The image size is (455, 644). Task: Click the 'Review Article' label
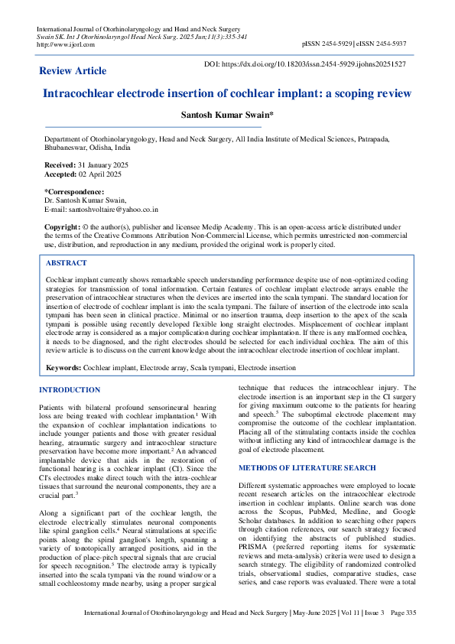click(x=73, y=70)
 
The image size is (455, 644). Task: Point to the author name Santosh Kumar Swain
click(x=226, y=115)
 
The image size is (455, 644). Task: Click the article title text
click(x=227, y=94)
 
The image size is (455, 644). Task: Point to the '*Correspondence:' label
click(x=74, y=191)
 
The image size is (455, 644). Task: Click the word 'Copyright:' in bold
click(x=62, y=227)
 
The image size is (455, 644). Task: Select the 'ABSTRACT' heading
click(x=68, y=262)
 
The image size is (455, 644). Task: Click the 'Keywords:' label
click(x=63, y=368)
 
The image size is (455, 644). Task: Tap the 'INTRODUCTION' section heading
click(x=70, y=390)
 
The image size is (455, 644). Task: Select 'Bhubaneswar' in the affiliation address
click(x=66, y=148)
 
